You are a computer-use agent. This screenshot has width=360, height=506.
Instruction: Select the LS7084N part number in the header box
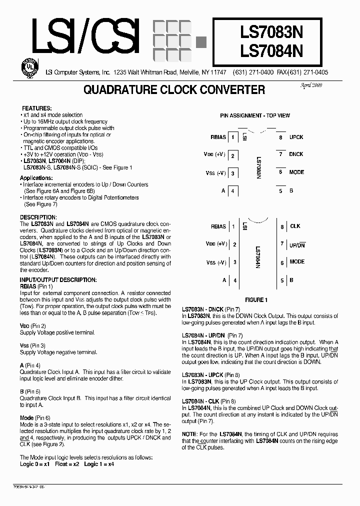(278, 51)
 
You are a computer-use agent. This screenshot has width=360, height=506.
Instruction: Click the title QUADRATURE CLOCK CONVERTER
(174, 90)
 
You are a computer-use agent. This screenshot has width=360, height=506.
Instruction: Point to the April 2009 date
(310, 85)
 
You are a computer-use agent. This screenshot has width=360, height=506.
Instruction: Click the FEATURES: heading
(36, 108)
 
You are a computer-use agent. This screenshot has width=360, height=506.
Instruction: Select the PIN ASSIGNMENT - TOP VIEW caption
(255, 115)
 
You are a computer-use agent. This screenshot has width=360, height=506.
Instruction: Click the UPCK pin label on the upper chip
(296, 137)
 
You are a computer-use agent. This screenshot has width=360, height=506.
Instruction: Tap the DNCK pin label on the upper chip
(296, 154)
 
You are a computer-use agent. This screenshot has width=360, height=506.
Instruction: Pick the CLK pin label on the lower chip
(295, 226)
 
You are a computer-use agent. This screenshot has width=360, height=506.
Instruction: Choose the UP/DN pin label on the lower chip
(297, 245)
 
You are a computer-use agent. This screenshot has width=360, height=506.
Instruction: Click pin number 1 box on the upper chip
(232, 137)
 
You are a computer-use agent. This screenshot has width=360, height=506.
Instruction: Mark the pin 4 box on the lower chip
(234, 280)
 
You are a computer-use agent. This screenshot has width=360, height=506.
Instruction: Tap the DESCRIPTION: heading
(38, 217)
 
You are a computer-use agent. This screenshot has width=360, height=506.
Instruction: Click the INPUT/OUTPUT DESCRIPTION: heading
(58, 280)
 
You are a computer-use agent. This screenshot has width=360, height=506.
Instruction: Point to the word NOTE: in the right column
(189, 434)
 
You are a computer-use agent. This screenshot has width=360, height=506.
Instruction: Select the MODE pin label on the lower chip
(296, 262)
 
